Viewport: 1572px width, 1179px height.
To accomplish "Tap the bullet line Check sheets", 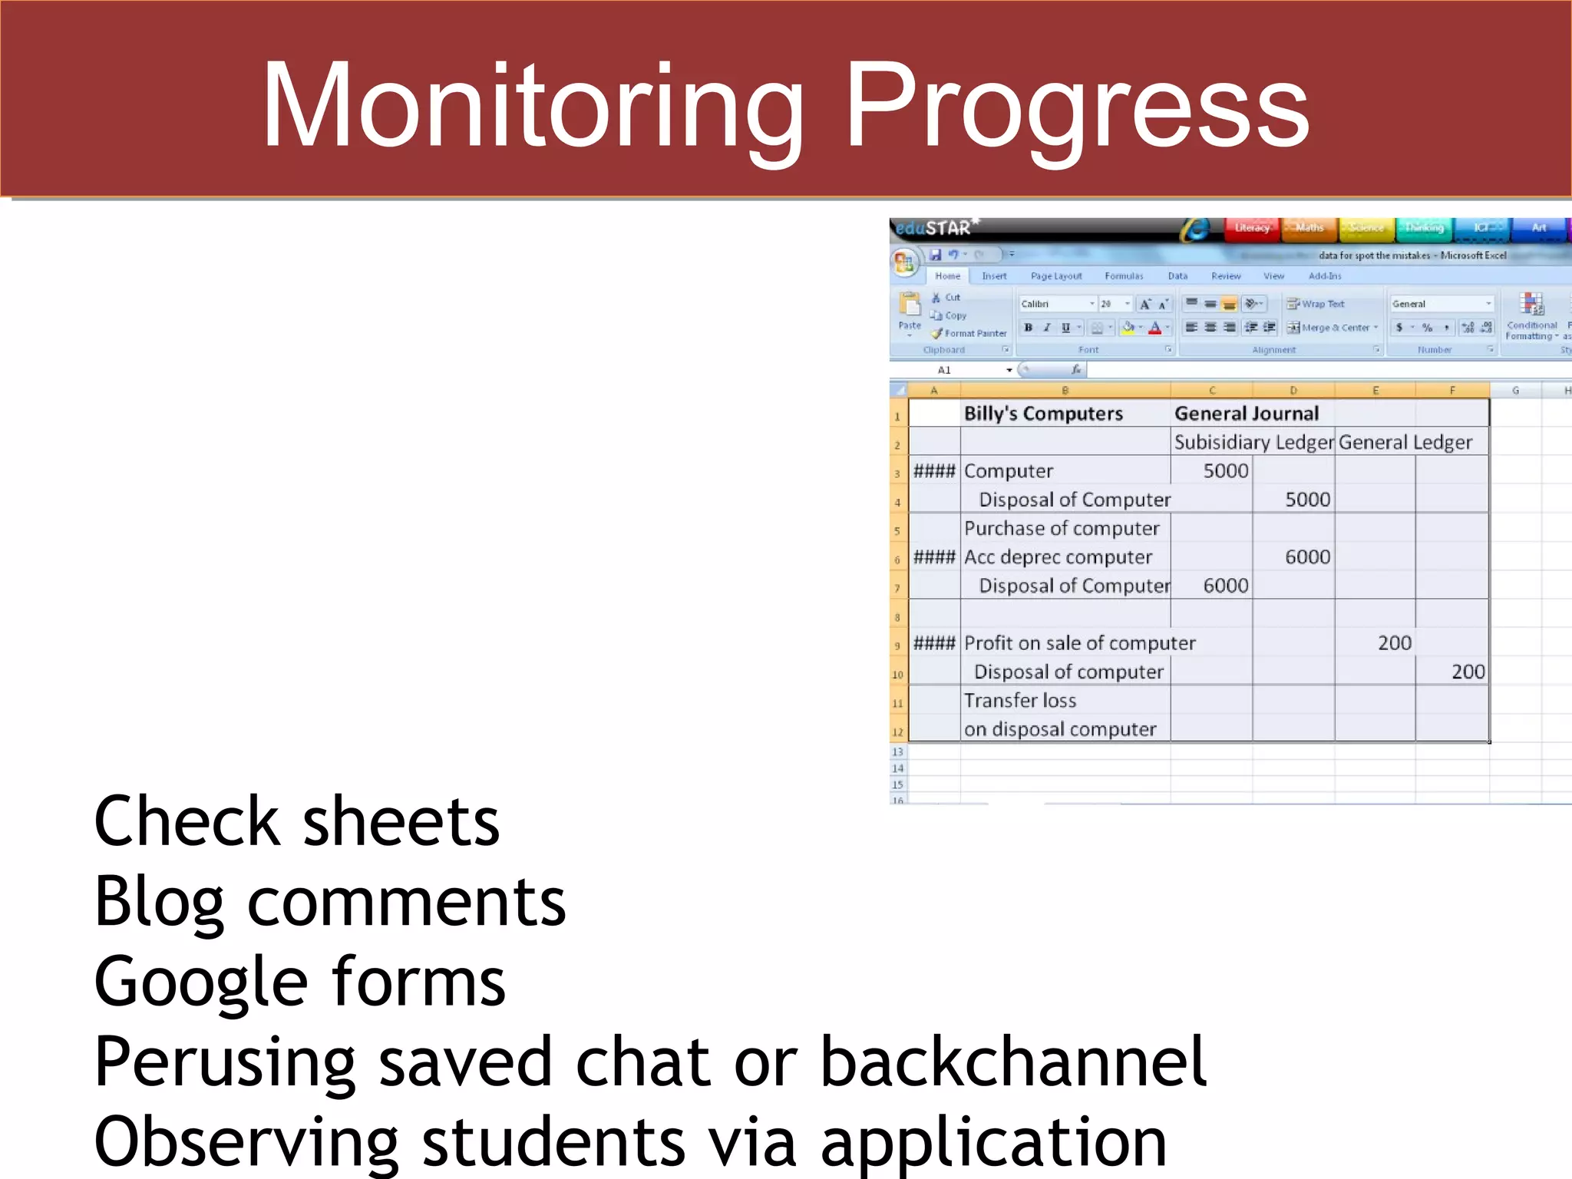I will [296, 822].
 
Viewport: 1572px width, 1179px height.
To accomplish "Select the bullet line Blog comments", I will [330, 903].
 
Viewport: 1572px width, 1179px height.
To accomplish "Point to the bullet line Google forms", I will [299, 983].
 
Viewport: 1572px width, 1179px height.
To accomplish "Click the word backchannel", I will [1013, 1062].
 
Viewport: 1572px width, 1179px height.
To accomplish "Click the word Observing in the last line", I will [246, 1143].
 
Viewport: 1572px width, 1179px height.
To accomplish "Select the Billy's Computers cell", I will [1042, 414].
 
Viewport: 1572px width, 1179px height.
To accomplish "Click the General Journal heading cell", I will [1246, 414].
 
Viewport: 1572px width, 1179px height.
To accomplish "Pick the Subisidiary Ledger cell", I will [1253, 443].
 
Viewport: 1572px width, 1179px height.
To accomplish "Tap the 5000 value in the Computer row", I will [1225, 471].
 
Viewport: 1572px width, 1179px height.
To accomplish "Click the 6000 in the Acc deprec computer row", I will [1307, 557].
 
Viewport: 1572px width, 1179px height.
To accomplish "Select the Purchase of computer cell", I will [1061, 529].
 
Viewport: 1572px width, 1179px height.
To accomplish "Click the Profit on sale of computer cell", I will [1078, 643].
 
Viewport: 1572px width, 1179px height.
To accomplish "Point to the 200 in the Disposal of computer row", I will [1467, 672].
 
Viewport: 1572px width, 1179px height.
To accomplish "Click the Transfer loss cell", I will [1019, 701].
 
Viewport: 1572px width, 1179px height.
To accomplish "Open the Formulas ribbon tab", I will [1124, 276].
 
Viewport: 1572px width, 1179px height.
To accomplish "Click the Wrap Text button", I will [1316, 304].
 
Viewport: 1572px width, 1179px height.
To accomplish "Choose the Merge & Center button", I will [1334, 328].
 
